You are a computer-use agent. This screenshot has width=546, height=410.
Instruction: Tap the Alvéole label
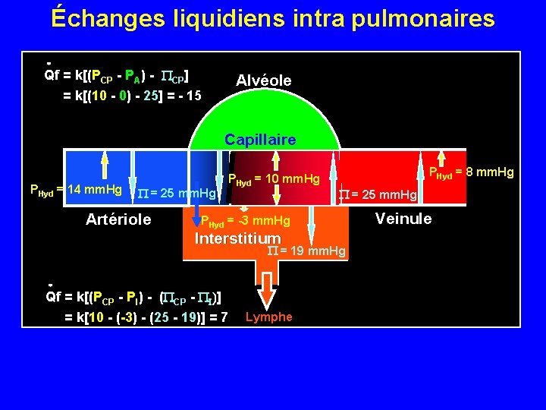[x=263, y=80]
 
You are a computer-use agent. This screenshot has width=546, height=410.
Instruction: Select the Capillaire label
[x=260, y=140]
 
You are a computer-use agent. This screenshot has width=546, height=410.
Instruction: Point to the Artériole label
[x=118, y=219]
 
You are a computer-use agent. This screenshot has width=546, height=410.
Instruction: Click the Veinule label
[x=403, y=219]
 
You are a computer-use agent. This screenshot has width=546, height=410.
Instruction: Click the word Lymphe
[x=268, y=317]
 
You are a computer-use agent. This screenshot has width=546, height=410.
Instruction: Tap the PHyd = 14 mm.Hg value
[x=75, y=188]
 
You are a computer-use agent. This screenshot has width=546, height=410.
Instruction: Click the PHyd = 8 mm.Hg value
[x=472, y=172]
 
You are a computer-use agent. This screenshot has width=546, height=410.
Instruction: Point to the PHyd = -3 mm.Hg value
[x=244, y=221]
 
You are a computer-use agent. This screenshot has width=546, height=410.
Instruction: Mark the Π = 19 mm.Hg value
[x=307, y=251]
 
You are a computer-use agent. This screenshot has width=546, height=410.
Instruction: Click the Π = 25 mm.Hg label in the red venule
[x=378, y=195]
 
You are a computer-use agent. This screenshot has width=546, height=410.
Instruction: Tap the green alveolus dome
[x=262, y=114]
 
